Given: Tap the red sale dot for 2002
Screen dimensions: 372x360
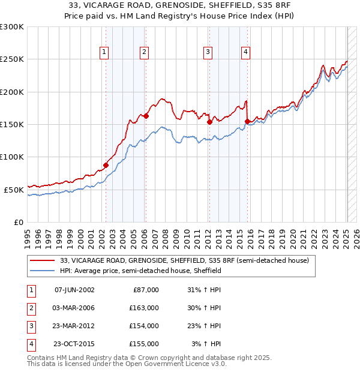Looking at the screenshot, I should click(106, 165).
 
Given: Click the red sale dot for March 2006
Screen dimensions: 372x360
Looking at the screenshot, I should click(145, 116).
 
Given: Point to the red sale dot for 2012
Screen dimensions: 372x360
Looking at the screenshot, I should click(209, 122).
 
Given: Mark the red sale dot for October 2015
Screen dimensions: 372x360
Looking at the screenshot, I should click(247, 121).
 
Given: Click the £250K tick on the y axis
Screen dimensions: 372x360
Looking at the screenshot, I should click(12, 59).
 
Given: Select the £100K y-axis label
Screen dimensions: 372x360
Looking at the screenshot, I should click(12, 157).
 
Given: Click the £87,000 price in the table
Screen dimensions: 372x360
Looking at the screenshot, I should click(145, 290).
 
